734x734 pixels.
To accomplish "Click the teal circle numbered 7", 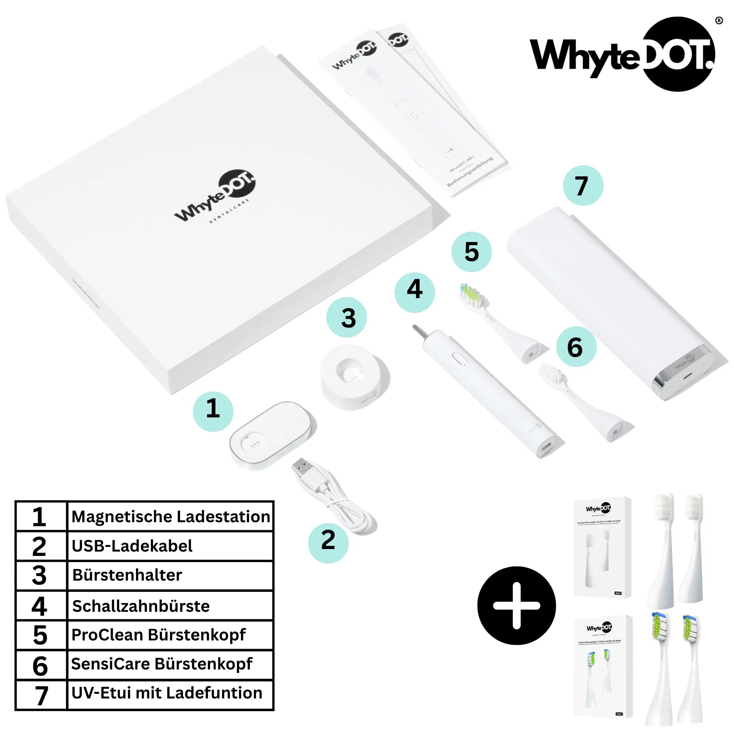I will click(x=583, y=186).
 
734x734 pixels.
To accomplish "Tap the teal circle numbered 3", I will click(x=346, y=318).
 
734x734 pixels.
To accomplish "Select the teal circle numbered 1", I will click(x=213, y=412).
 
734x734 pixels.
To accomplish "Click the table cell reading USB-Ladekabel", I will click(x=170, y=546).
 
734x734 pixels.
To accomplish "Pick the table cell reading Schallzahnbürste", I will click(x=170, y=606).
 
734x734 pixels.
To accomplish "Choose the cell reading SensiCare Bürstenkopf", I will click(x=170, y=664).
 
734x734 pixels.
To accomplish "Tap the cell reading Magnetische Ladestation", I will click(x=170, y=517).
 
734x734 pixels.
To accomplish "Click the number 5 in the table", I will click(x=40, y=635).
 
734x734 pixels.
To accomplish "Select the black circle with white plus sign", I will click(x=516, y=606).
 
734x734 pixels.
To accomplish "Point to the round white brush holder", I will click(x=355, y=377).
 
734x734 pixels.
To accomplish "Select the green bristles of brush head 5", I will click(x=471, y=297).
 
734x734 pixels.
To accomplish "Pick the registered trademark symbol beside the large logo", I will click(x=719, y=21).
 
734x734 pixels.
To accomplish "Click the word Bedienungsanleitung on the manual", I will click(x=470, y=172).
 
